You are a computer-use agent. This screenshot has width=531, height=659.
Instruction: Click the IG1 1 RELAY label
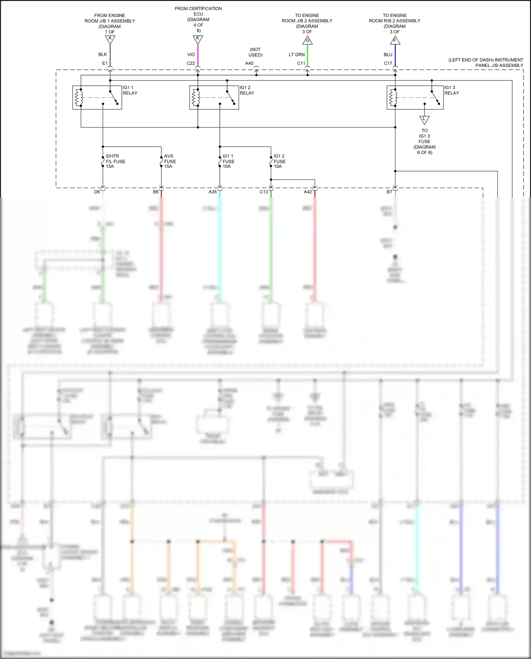130,90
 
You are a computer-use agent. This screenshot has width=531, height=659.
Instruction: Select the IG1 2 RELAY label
247,90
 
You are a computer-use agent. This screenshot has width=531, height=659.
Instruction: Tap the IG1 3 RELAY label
451,90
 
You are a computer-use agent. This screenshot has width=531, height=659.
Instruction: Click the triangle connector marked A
110,39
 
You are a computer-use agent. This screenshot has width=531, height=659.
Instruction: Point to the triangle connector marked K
198,39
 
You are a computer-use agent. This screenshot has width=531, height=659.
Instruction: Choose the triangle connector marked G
308,41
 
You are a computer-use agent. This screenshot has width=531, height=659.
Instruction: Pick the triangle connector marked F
395,41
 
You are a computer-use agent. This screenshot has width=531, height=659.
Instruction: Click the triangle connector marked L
424,120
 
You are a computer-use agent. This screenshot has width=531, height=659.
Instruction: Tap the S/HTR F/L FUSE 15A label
115,161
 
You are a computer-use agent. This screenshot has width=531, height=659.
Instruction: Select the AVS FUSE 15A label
170,161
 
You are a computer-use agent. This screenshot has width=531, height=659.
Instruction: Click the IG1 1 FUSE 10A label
228,161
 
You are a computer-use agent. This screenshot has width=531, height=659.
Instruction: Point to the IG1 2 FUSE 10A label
279,161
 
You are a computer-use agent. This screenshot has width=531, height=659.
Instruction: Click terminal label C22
191,63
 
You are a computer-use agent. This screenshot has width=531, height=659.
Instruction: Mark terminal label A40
249,63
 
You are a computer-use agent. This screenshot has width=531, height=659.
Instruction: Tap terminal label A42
308,192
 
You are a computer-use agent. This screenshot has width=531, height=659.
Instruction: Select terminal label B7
389,192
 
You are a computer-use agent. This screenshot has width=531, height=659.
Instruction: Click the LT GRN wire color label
297,55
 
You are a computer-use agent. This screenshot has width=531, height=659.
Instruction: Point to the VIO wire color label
191,55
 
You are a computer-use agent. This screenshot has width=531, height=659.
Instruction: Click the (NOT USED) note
255,52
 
